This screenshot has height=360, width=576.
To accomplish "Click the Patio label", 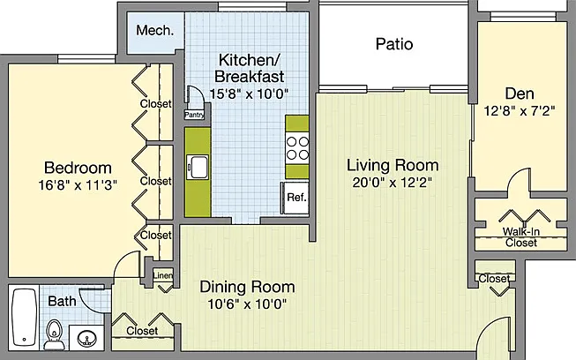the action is click(394, 44).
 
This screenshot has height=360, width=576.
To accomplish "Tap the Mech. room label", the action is click(155, 30).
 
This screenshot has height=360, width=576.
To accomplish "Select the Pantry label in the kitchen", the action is click(194, 115).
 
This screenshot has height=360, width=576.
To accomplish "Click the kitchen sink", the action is click(198, 167).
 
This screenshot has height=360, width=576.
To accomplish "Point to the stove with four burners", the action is click(297, 147).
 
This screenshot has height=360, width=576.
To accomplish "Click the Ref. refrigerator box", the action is click(295, 198).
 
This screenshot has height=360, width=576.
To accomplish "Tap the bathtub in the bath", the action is click(24, 317).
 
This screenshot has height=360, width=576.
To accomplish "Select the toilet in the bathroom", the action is click(55, 334).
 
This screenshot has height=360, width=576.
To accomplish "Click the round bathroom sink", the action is click(87, 338).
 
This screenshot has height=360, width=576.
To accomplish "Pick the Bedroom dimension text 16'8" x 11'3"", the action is click(78, 185).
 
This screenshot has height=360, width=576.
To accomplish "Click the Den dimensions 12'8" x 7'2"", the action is click(519, 110).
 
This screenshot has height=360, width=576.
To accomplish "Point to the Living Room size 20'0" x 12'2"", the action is click(392, 182).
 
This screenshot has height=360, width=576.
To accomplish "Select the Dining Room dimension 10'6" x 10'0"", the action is click(247, 304).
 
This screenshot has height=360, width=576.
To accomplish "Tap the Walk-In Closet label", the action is click(521, 237).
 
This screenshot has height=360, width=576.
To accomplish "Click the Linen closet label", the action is click(162, 275).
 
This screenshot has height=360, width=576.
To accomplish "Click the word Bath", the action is click(62, 301).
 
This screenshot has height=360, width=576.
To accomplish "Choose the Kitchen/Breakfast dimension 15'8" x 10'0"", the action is click(249, 94).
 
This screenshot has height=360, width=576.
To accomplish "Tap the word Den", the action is click(520, 94).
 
